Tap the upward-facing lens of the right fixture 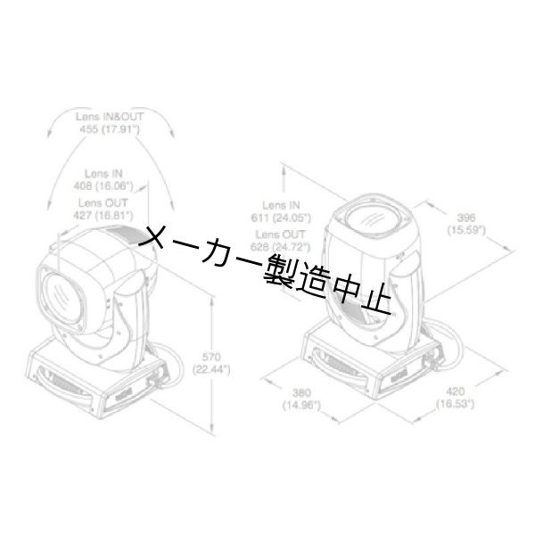[373, 218]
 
